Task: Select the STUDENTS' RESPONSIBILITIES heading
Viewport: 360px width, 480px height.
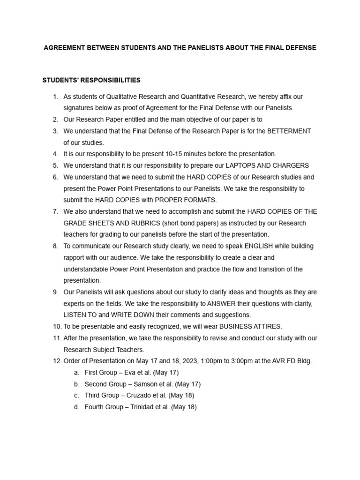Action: [x=91, y=81]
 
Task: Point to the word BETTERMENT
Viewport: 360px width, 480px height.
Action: [x=289, y=131]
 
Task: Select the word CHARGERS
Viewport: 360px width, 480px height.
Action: [x=292, y=165]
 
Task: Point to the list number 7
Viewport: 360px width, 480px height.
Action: [x=55, y=211]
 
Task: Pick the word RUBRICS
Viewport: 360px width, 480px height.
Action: [x=138, y=223]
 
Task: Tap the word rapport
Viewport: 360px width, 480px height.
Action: [x=75, y=257]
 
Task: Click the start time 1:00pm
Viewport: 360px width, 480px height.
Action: [x=212, y=361]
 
